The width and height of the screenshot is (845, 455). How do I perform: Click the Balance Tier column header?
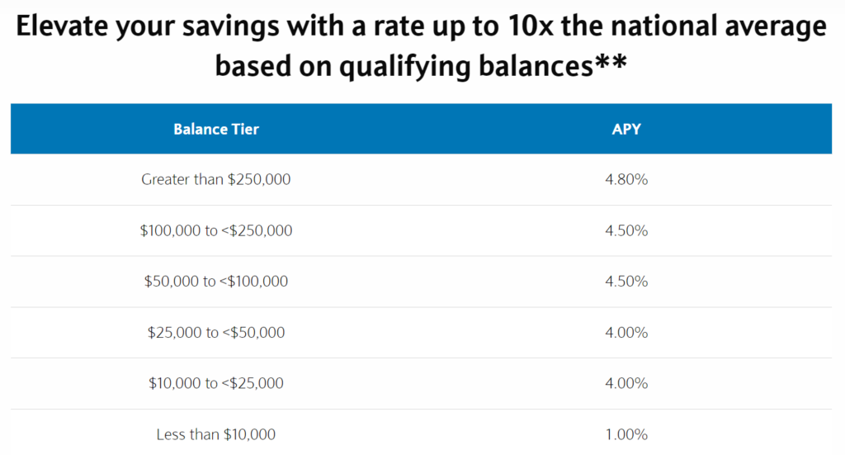[x=216, y=130]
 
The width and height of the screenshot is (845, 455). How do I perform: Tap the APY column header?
[x=626, y=130]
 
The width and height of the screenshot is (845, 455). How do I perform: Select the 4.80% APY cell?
[x=626, y=179]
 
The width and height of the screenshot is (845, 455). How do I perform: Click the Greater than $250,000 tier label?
[x=216, y=179]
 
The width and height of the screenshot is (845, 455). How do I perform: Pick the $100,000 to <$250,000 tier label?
[x=216, y=230]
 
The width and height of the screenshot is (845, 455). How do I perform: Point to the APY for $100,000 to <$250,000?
[x=626, y=230]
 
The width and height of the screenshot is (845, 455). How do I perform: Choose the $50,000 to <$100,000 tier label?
[x=216, y=282]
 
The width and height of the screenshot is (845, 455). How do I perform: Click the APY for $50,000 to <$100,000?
[x=626, y=282]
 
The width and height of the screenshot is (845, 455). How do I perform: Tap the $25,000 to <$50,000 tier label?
[x=216, y=333]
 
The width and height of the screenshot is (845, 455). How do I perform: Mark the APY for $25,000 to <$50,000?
[x=626, y=333]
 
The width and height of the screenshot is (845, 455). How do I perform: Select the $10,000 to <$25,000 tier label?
[x=216, y=383]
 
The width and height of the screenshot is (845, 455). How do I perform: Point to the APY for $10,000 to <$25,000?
[x=626, y=383]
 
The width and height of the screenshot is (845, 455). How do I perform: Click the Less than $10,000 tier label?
[x=216, y=434]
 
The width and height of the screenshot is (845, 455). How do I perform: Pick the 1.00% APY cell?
[x=626, y=434]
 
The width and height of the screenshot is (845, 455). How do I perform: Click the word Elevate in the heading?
[x=62, y=26]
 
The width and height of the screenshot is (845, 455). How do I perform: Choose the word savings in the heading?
[x=231, y=27]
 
